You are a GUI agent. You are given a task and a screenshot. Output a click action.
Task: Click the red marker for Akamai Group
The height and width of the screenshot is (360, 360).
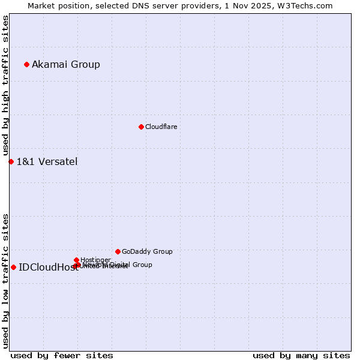(x=26, y=64)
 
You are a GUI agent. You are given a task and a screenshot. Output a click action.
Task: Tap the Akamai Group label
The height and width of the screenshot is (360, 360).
(x=66, y=65)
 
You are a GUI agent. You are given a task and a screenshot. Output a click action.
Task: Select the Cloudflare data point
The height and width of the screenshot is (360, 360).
(x=141, y=127)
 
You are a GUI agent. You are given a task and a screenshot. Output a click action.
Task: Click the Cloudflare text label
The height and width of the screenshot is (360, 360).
(x=161, y=127)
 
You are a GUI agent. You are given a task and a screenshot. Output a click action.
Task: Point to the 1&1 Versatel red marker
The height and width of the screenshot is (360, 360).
(x=11, y=161)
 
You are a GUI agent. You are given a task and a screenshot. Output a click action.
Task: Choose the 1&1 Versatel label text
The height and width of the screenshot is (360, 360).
(x=47, y=162)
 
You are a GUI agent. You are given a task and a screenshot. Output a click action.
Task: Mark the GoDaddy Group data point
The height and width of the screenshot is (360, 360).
(x=118, y=251)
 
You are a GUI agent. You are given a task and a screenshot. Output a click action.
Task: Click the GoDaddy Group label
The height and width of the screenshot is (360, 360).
(x=147, y=252)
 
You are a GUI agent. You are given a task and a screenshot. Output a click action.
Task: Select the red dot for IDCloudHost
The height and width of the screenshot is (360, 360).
(x=13, y=267)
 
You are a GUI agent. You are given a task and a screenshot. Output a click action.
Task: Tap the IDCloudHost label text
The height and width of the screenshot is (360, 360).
(x=48, y=268)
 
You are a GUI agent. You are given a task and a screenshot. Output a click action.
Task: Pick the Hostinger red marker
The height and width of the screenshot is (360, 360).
(x=76, y=260)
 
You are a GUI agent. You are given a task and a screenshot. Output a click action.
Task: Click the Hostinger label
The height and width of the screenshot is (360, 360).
(x=95, y=260)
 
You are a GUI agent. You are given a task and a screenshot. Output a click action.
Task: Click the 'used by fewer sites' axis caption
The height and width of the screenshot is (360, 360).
(x=62, y=355)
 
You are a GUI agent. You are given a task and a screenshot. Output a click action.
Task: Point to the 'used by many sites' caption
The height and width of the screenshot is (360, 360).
(x=301, y=355)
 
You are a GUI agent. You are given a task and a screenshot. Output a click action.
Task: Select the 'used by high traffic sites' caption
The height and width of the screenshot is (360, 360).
(x=5, y=86)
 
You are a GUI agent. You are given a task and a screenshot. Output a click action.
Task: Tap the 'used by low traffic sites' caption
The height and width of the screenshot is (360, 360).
(x=5, y=281)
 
